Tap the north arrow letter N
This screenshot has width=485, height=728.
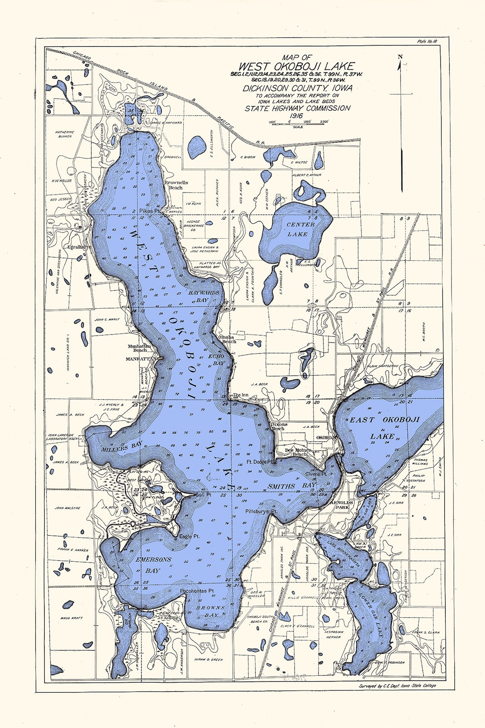click(400, 57)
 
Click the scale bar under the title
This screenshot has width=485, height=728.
click(297, 123)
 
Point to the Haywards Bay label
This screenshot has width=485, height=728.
click(203, 296)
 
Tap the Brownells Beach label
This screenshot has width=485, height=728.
click(176, 185)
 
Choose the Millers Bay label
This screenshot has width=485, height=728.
click(122, 447)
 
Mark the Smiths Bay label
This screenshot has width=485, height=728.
click(291, 485)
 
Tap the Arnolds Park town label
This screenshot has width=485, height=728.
click(339, 505)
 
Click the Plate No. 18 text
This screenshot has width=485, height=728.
click(427, 41)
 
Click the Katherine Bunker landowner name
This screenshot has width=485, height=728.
click(65, 135)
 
